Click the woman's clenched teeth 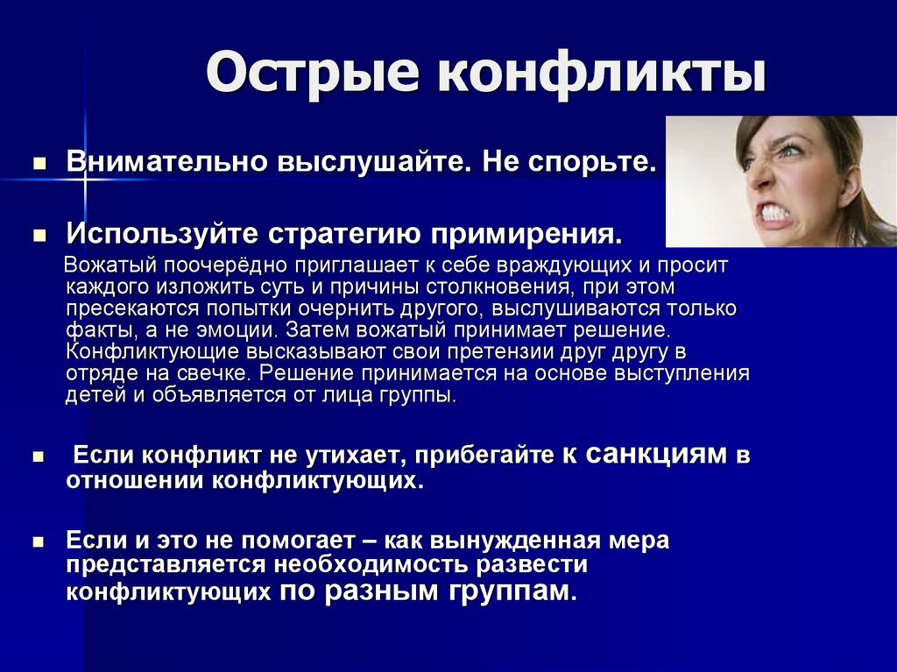pyautogui.click(x=776, y=213)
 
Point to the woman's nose pyautogui.click(x=760, y=180)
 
